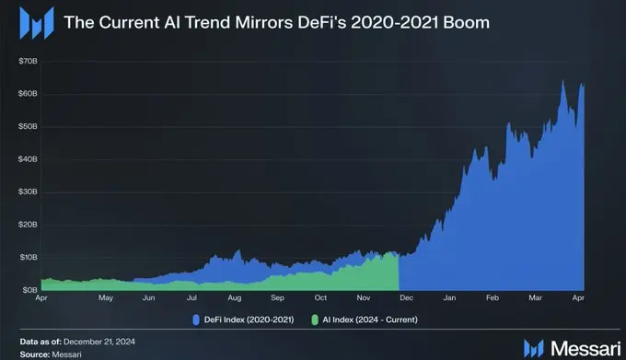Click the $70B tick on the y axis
(28, 60)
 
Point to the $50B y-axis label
(28, 125)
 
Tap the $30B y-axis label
(28, 192)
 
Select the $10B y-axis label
(28, 257)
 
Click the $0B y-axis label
(29, 289)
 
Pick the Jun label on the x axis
(147, 299)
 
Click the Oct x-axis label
(319, 299)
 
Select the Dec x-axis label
(405, 299)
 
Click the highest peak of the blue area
(562, 81)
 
